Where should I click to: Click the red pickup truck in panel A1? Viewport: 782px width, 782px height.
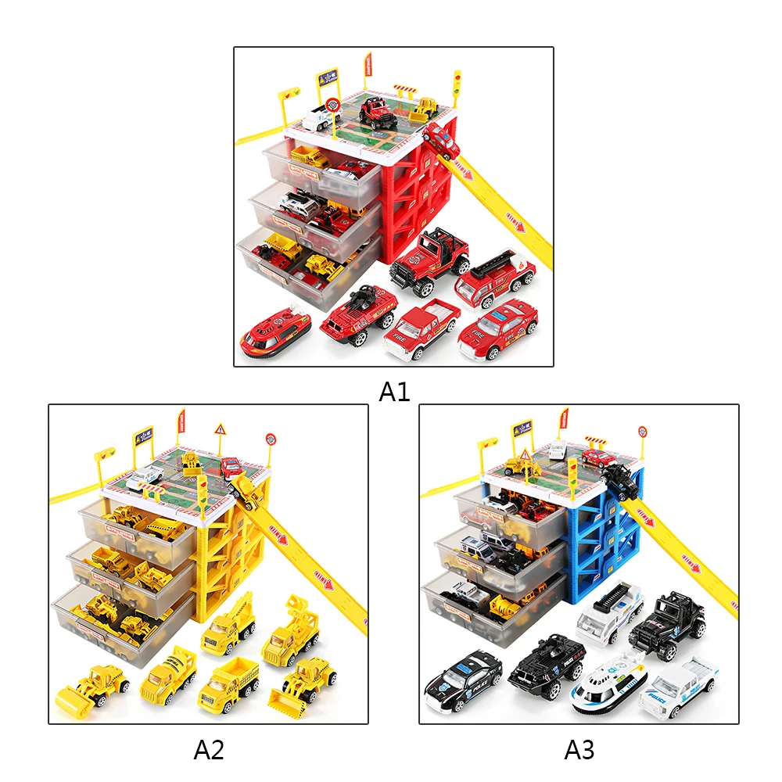tap(423, 328)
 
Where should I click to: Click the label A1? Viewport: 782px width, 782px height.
tap(394, 391)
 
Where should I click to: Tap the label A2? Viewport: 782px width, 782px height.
tap(209, 751)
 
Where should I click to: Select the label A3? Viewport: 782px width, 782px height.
tap(579, 751)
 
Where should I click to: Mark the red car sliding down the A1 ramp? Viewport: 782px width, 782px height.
tap(442, 141)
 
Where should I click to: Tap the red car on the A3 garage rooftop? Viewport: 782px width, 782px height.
tap(601, 457)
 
